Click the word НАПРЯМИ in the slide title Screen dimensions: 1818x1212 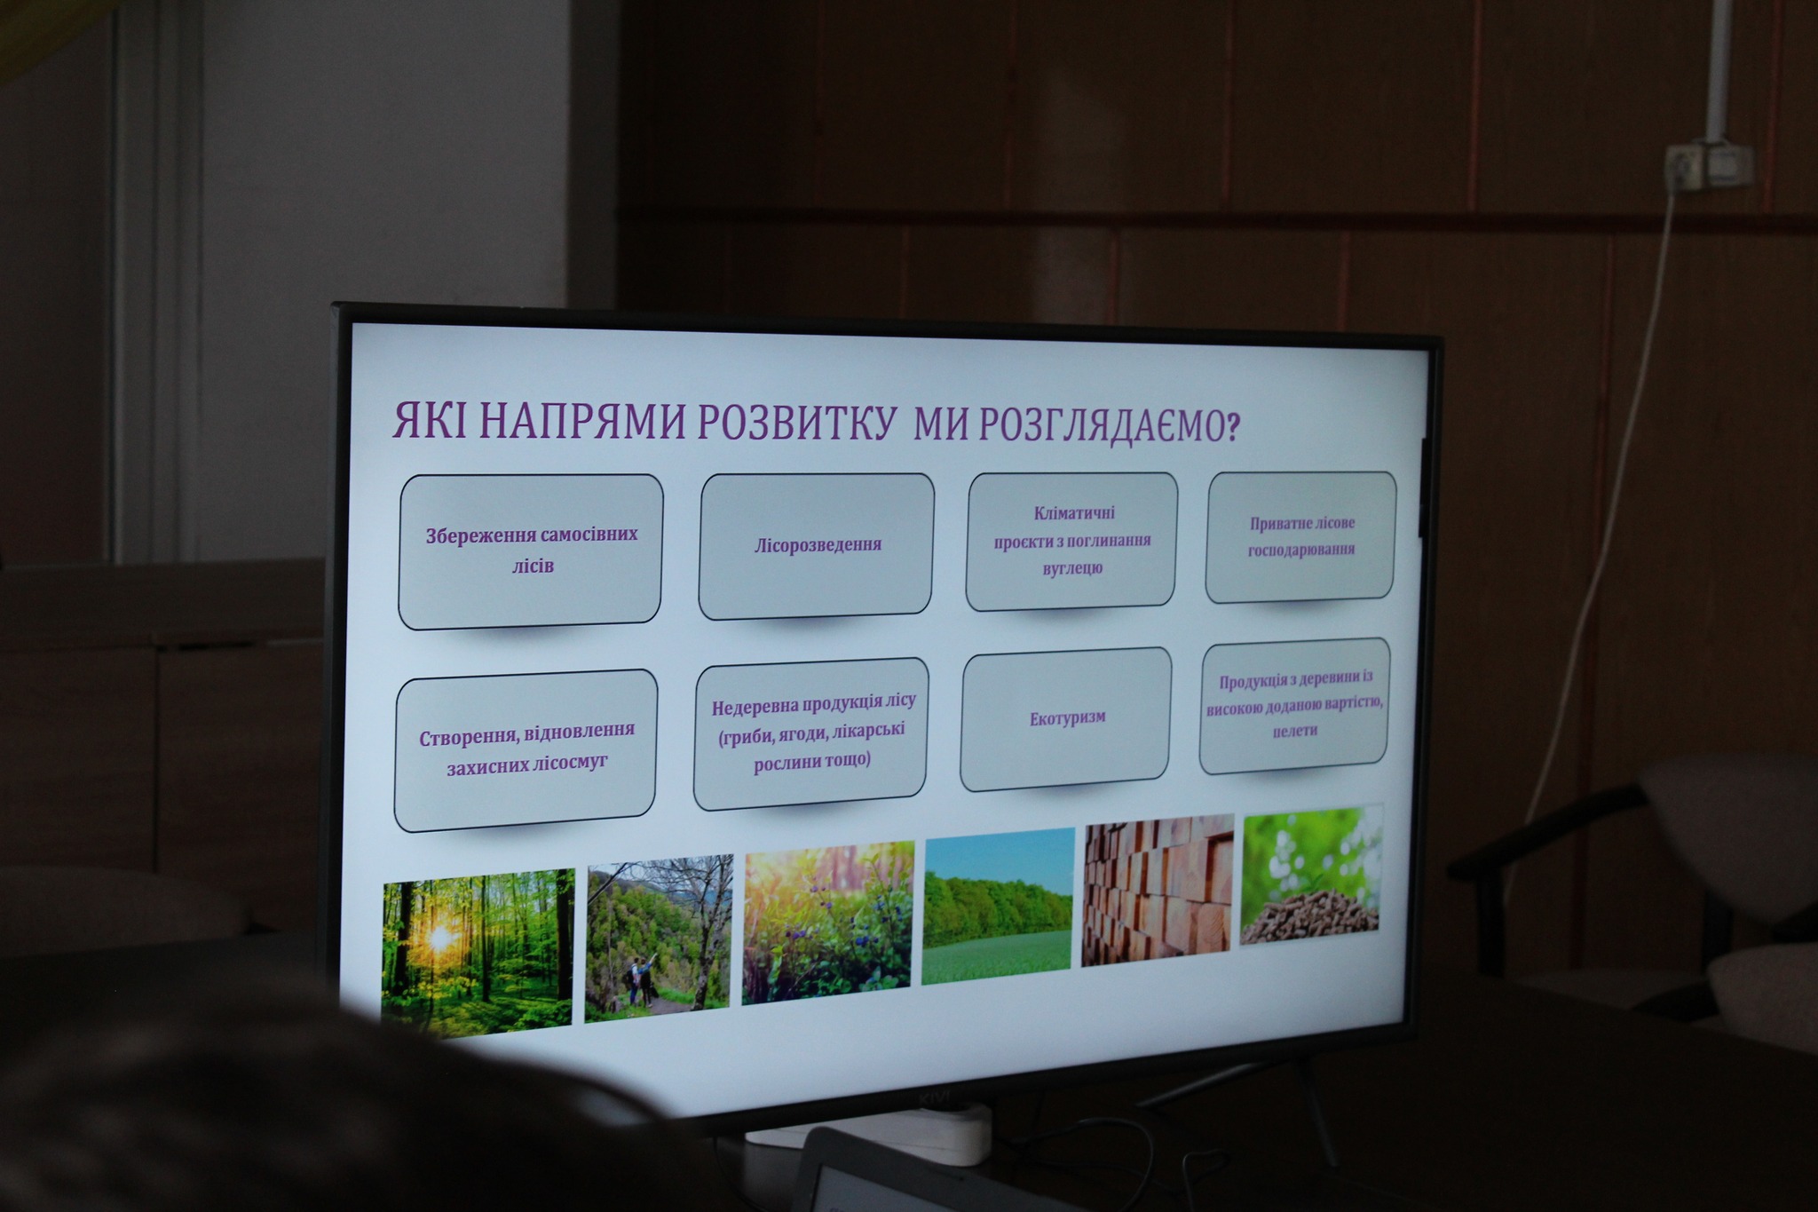click(x=582, y=422)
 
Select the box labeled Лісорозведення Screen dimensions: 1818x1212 click(x=817, y=545)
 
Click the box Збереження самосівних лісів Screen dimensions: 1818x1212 click(x=531, y=551)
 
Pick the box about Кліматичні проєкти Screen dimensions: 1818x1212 click(x=1071, y=541)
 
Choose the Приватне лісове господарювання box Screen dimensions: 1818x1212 click(x=1300, y=536)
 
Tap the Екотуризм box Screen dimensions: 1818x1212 click(x=1066, y=718)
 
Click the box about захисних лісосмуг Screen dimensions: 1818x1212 click(x=526, y=750)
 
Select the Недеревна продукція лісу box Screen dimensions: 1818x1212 click(x=811, y=733)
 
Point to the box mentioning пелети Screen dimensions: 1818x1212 click(x=1294, y=705)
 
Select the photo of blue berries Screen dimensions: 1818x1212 click(x=827, y=923)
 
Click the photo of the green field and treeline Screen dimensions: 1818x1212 click(x=998, y=906)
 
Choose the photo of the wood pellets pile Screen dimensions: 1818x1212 click(x=1311, y=875)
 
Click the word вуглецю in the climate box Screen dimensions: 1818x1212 click(x=1072, y=568)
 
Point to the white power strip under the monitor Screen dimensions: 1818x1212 click(x=870, y=1137)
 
